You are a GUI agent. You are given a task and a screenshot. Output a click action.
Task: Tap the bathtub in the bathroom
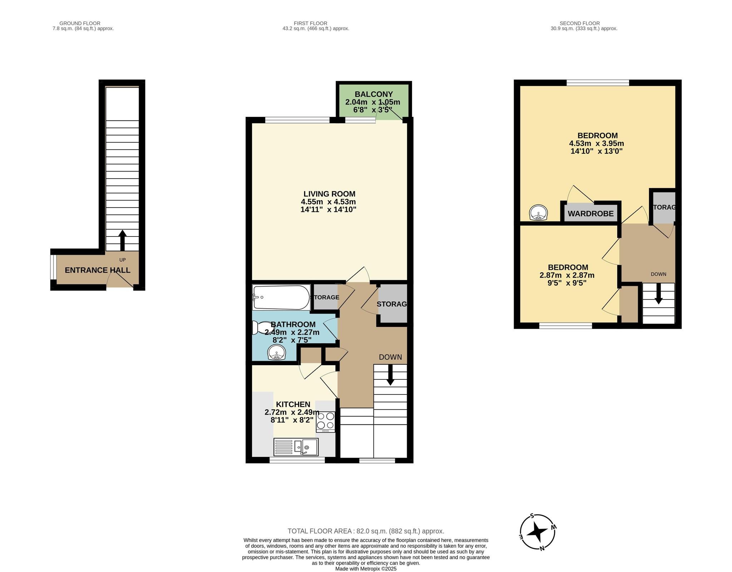[x=281, y=297]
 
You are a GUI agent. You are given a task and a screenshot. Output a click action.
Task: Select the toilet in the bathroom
[x=259, y=328]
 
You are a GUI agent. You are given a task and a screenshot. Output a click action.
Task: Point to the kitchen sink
[x=296, y=447]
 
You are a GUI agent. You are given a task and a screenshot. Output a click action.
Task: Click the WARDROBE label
[x=590, y=214]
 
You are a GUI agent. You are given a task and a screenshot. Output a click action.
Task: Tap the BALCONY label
[x=374, y=94]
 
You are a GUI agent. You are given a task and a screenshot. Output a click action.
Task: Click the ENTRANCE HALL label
[x=97, y=270]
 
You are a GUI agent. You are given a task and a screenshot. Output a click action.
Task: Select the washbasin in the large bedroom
[x=538, y=213]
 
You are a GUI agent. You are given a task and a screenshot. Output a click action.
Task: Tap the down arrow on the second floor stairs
[x=658, y=295]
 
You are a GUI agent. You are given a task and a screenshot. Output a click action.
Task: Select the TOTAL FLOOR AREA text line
[x=366, y=531]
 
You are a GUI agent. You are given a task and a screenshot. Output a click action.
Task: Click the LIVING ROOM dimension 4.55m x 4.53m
[x=328, y=202]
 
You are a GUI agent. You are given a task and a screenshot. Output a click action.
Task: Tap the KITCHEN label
[x=293, y=404]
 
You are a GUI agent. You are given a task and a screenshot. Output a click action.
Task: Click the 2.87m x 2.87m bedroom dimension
[x=567, y=275]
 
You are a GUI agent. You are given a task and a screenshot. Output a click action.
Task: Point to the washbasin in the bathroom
[x=277, y=353]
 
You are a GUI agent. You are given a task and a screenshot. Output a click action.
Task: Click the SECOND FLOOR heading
[x=584, y=23]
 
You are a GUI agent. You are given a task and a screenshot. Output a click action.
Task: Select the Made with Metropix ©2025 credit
[x=366, y=568]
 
